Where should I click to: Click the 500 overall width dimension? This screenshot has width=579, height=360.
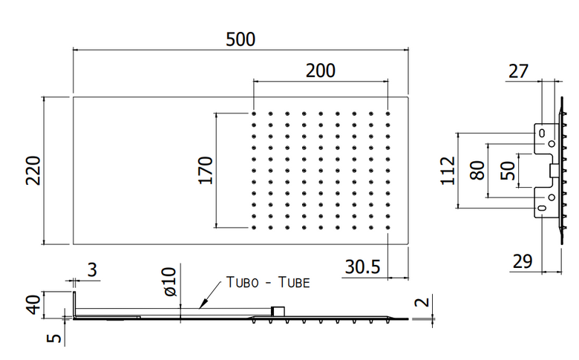[x=241, y=39]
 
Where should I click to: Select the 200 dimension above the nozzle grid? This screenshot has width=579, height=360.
[x=321, y=71]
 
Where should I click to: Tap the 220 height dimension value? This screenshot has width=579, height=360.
[x=33, y=170]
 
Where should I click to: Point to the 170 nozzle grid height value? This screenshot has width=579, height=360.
[x=206, y=170]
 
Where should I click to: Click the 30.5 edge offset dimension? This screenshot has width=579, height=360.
[x=362, y=266]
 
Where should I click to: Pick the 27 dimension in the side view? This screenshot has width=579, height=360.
[x=518, y=71]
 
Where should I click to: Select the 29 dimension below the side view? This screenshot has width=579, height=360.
[x=523, y=262]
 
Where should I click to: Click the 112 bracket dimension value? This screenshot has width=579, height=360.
[x=448, y=170]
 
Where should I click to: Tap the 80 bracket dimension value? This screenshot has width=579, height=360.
[x=477, y=170]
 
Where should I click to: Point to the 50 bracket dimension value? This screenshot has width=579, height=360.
[x=508, y=170]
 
